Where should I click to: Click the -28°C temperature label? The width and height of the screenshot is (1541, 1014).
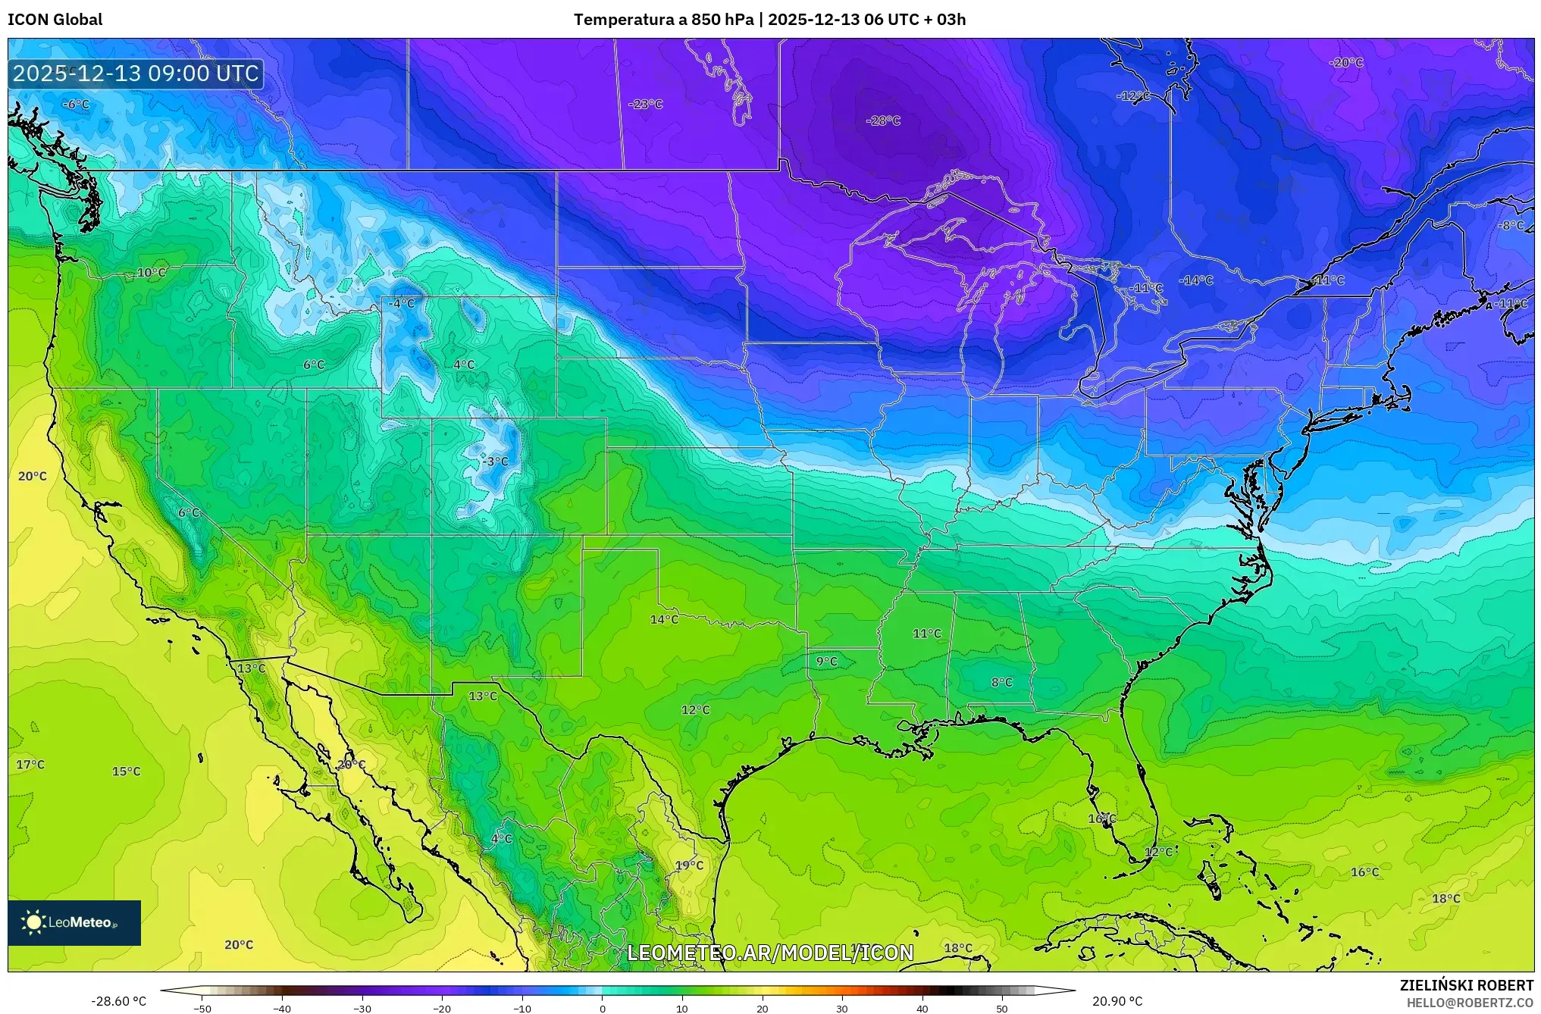(x=883, y=120)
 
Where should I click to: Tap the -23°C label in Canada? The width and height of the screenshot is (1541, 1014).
(x=646, y=104)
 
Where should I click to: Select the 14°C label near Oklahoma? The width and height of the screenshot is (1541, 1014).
(x=664, y=620)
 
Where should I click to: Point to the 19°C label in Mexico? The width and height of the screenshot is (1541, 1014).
(x=689, y=865)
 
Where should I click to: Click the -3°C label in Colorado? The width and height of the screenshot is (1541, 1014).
(x=496, y=462)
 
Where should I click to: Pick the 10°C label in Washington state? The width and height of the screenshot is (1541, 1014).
(x=151, y=273)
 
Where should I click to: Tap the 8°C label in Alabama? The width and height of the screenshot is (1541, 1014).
(x=1001, y=682)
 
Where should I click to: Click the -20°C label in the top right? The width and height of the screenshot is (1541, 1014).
(x=1346, y=63)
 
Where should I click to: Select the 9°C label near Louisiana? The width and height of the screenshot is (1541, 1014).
(x=826, y=662)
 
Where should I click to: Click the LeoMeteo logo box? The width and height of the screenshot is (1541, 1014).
(x=74, y=922)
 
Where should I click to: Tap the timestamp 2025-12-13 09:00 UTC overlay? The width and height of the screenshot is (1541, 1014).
(x=136, y=74)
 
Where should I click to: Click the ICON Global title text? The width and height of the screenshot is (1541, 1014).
(x=55, y=20)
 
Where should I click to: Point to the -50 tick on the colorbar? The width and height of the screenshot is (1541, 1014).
(x=202, y=1008)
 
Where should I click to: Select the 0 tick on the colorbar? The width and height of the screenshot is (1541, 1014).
(x=603, y=1008)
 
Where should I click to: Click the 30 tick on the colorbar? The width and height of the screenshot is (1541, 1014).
(x=842, y=1008)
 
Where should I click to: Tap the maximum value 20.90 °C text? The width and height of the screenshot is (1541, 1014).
(x=1117, y=1001)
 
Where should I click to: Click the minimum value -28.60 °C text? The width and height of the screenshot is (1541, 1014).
(x=119, y=1001)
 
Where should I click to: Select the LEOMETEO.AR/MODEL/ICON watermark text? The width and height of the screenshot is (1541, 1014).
(x=770, y=953)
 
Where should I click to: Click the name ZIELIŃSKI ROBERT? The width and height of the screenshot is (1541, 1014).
(x=1466, y=985)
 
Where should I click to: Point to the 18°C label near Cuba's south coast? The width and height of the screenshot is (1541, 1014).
(x=958, y=948)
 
